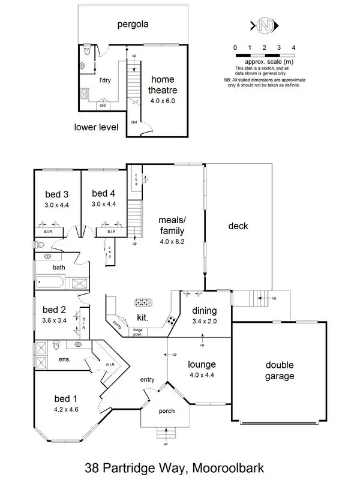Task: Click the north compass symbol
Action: click(264, 25)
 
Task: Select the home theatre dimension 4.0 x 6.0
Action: click(162, 101)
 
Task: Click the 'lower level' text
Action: click(96, 127)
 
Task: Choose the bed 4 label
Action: click(104, 194)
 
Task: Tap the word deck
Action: click(238, 226)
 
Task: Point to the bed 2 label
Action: click(55, 310)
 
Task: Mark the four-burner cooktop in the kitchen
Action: click(172, 320)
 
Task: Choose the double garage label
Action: click(281, 371)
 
